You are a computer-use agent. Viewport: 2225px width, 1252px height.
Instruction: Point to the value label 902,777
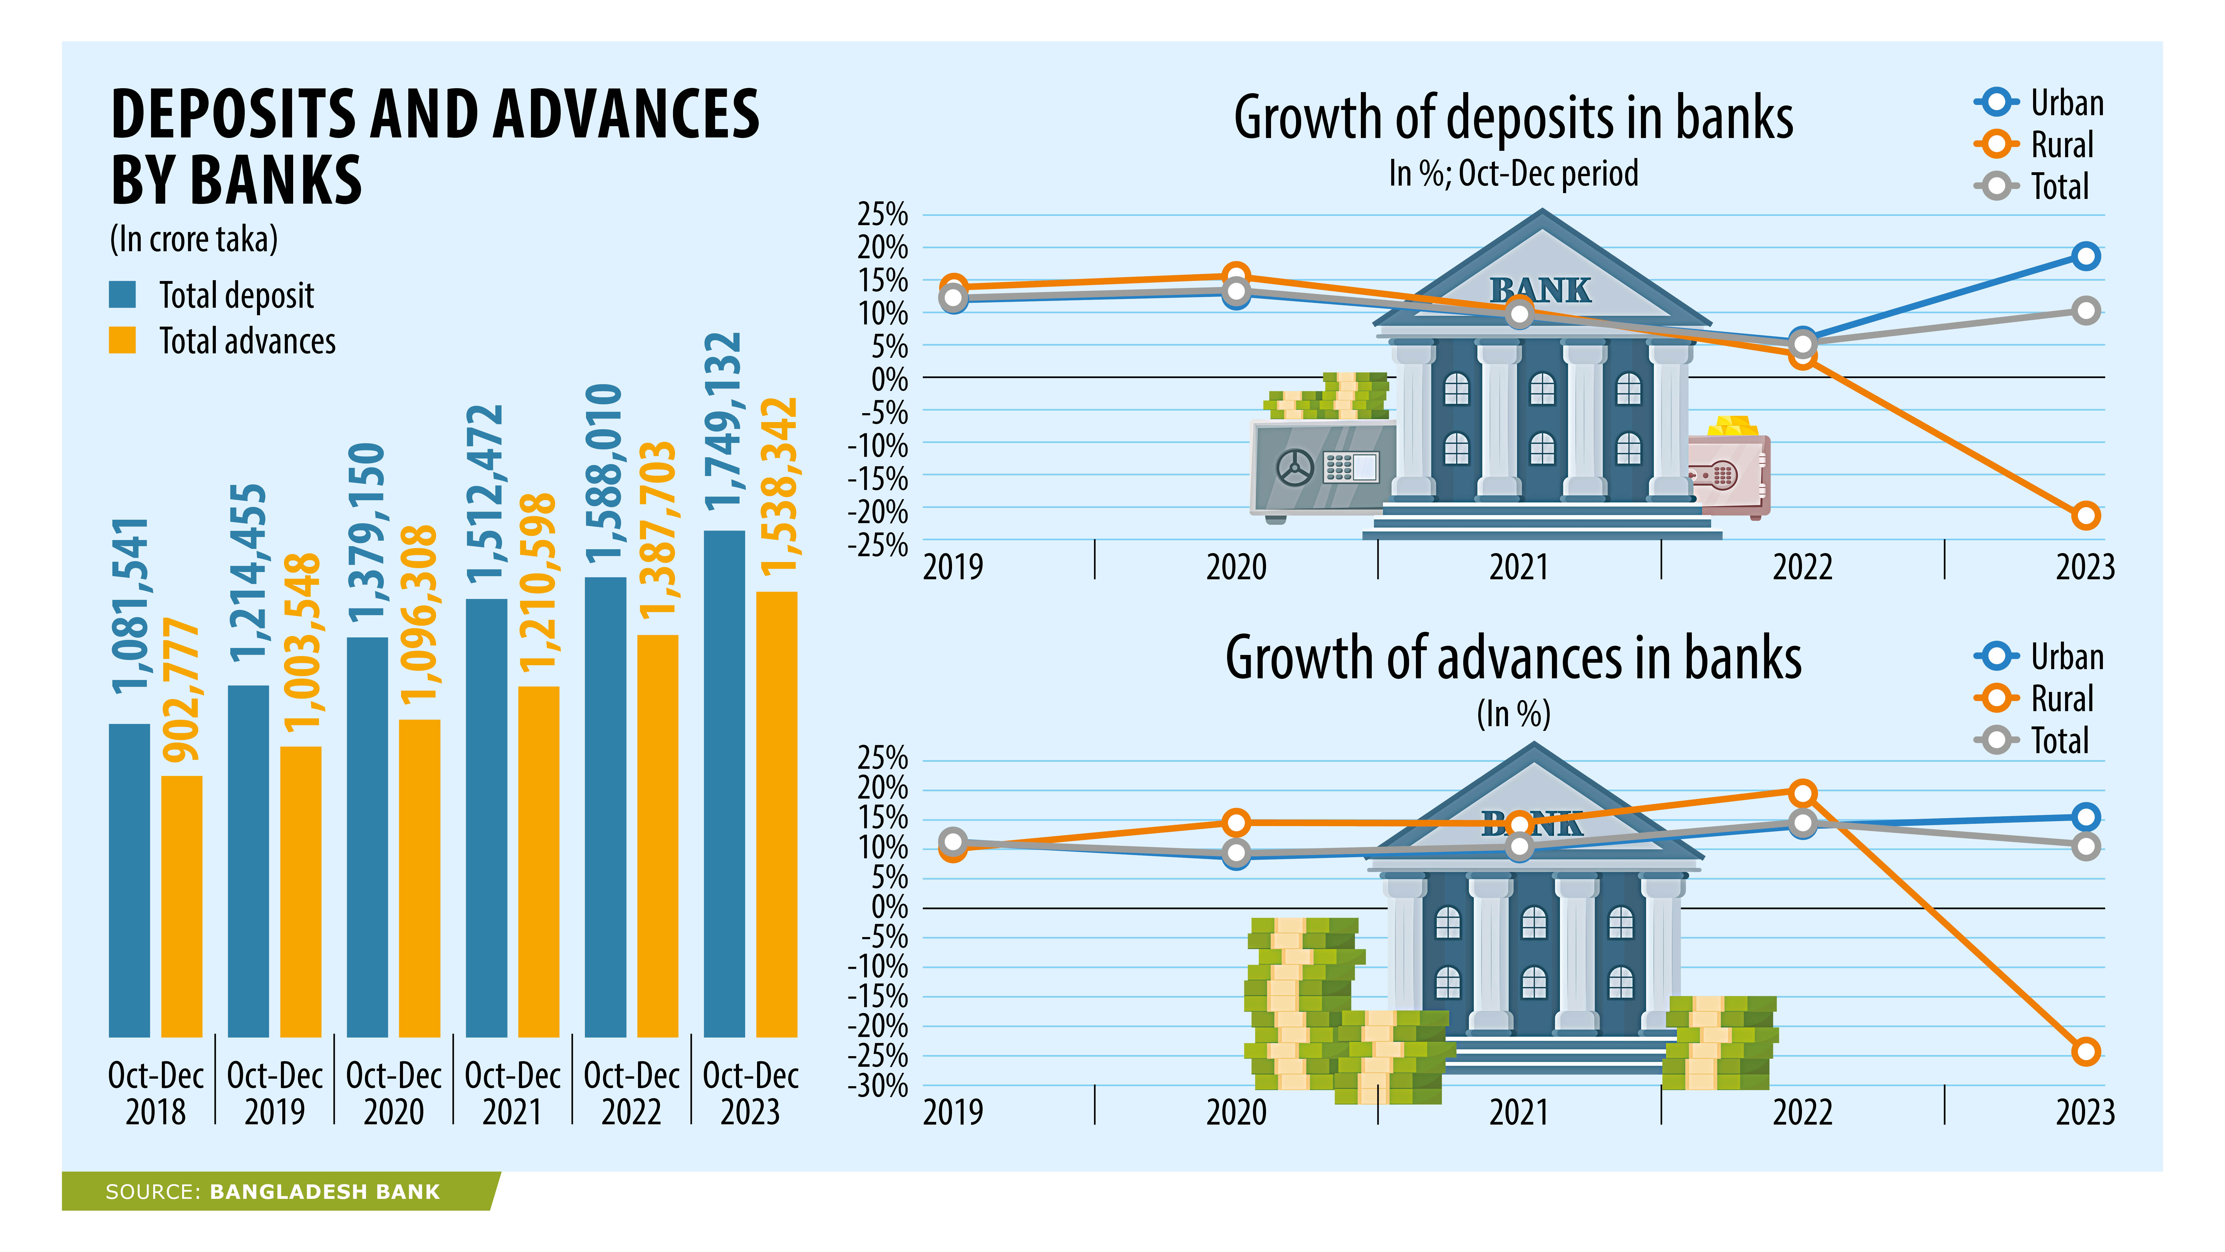181,689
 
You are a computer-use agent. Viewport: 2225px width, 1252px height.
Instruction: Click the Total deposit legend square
123,295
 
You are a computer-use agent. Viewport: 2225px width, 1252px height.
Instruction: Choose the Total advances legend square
123,341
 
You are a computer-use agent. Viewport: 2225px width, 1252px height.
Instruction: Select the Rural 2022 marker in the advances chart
1802,792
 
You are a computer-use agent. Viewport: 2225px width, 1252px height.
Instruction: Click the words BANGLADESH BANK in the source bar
325,1192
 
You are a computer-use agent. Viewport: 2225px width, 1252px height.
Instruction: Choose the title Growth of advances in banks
1513,658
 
